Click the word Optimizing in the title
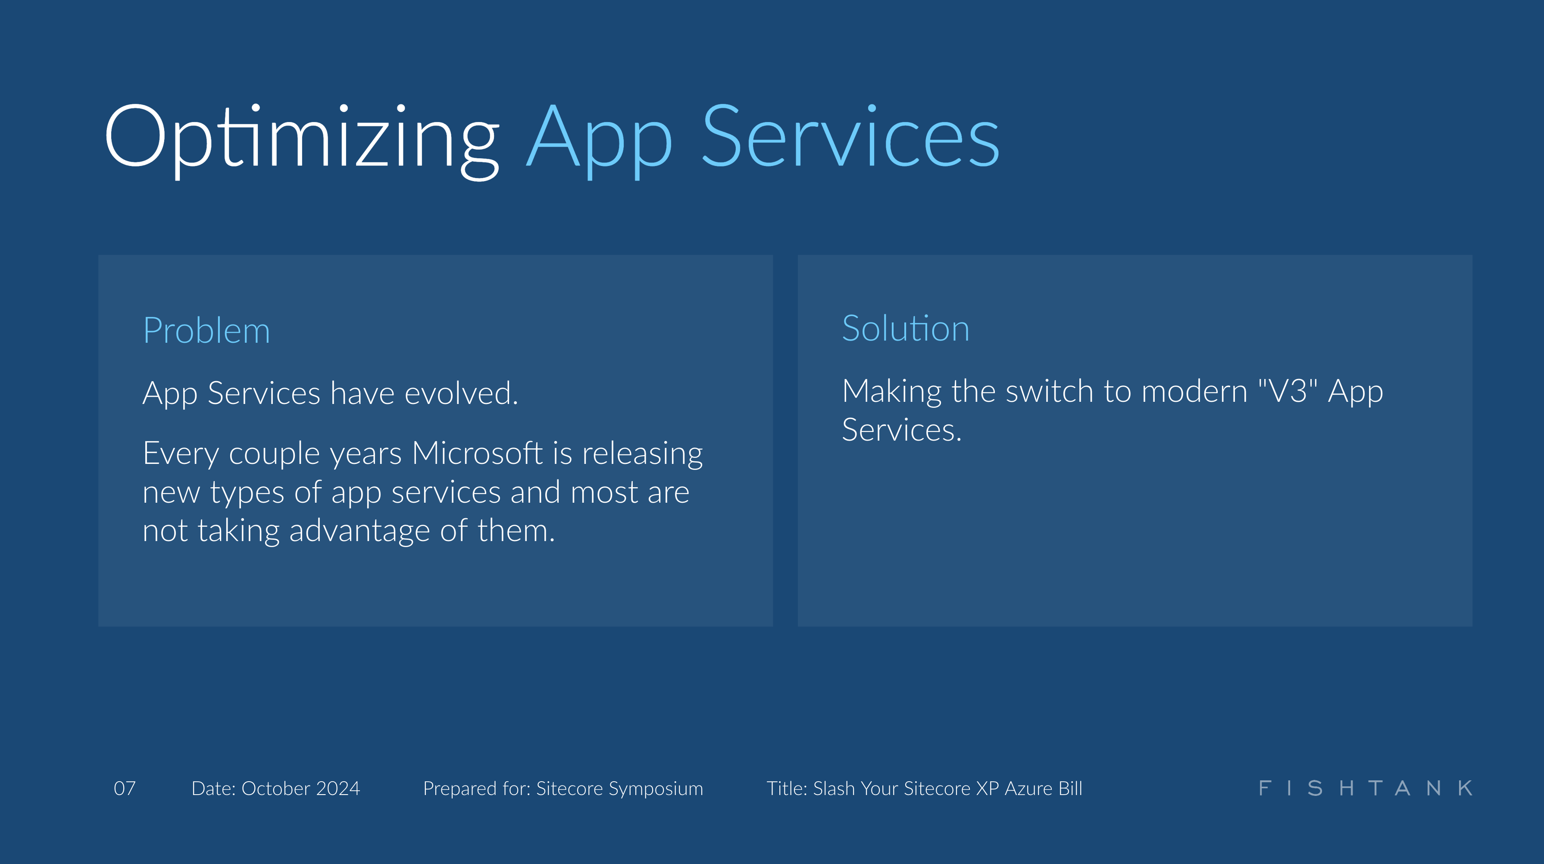point(301,138)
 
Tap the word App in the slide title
point(600,138)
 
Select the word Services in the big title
point(850,138)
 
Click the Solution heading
point(905,329)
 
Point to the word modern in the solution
point(1194,391)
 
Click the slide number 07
point(125,789)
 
